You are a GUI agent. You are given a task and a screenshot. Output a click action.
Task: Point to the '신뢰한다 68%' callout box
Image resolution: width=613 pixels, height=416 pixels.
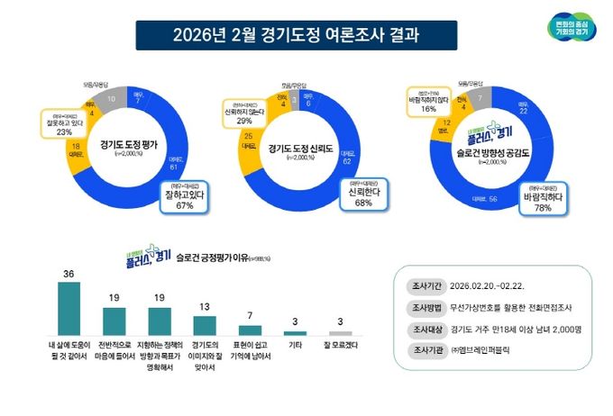tap(354, 197)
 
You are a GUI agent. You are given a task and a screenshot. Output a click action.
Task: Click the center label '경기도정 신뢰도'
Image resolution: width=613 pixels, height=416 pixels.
tap(299, 150)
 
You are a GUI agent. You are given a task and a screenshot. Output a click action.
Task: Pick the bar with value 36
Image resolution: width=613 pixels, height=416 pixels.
tap(68, 309)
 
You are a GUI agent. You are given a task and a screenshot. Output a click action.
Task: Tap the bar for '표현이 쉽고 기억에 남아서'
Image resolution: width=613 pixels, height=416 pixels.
tap(250, 330)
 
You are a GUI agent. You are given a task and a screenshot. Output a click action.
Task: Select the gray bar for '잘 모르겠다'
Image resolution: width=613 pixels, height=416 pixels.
tap(340, 333)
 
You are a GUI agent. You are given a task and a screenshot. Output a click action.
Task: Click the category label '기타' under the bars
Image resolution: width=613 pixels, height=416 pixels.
tap(295, 344)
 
